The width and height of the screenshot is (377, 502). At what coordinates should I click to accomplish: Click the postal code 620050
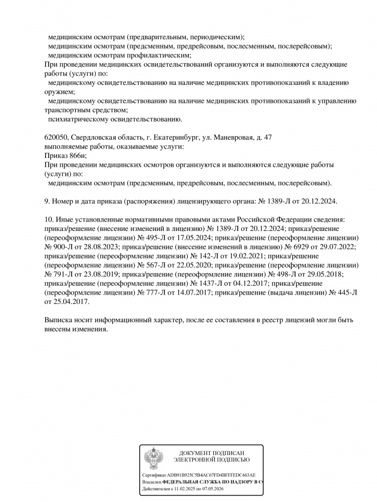coord(54,138)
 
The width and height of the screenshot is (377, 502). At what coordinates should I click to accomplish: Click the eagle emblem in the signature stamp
coord(153,458)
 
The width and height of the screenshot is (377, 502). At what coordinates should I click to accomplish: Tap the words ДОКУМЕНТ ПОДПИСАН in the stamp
coord(211,453)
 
